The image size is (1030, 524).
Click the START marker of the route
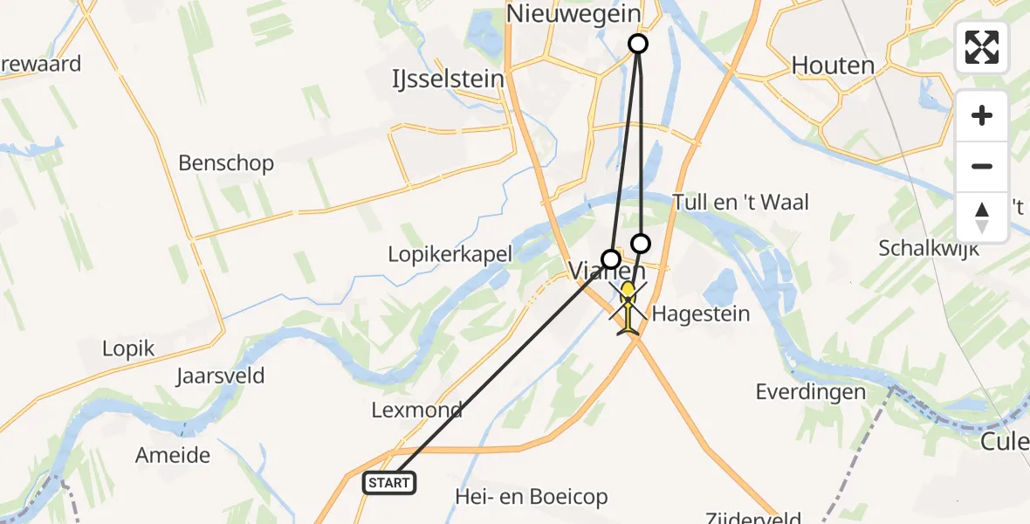coord(389,482)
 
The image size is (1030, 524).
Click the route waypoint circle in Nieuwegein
coord(638,44)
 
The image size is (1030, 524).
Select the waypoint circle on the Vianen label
coord(611,259)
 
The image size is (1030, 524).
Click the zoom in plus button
coord(982,115)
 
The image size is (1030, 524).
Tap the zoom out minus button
coord(982,166)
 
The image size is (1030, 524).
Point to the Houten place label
coord(833,65)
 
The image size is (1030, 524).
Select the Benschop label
coord(226,163)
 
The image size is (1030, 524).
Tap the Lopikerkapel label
coord(450,253)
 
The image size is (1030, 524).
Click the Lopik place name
coord(128,349)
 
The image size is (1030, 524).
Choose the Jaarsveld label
coord(220,377)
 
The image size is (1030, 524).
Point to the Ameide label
coord(173,455)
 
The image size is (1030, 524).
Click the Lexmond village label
coord(416,410)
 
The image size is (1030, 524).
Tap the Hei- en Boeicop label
coord(532,497)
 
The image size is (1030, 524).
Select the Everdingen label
coord(811,392)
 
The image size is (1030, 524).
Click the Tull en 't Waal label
coord(741,203)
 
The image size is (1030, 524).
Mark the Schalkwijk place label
coord(929,248)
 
